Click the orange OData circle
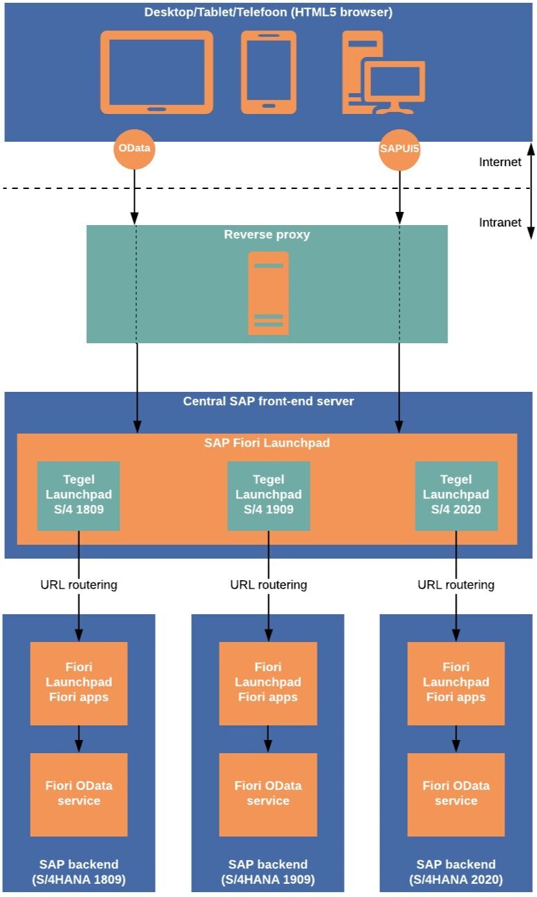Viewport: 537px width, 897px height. pos(133,149)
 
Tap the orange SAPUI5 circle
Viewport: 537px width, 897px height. pos(399,149)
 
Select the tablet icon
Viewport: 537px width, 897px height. pos(156,72)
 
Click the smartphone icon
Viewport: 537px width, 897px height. pos(268,72)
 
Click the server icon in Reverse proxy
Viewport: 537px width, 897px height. pos(268,293)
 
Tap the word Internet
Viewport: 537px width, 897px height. pos(499,162)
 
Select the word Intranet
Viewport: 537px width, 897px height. pos(499,222)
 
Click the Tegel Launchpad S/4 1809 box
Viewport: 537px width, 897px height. pos(79,495)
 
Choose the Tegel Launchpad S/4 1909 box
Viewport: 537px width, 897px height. pos(268,495)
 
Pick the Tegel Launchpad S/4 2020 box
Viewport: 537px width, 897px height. pos(456,495)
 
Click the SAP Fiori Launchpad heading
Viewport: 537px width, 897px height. pos(267,443)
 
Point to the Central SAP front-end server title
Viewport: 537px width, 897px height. pos(268,401)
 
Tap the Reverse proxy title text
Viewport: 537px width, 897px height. pos(267,235)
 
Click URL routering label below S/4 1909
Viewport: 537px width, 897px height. pos(268,584)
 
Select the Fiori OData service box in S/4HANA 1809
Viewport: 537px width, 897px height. pos(79,793)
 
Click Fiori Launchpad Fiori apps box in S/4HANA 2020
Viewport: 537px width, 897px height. pos(456,682)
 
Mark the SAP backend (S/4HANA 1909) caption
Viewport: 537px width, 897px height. pos(268,871)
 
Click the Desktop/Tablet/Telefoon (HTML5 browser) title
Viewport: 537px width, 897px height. pos(267,13)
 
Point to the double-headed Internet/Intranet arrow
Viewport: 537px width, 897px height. pos(530,191)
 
